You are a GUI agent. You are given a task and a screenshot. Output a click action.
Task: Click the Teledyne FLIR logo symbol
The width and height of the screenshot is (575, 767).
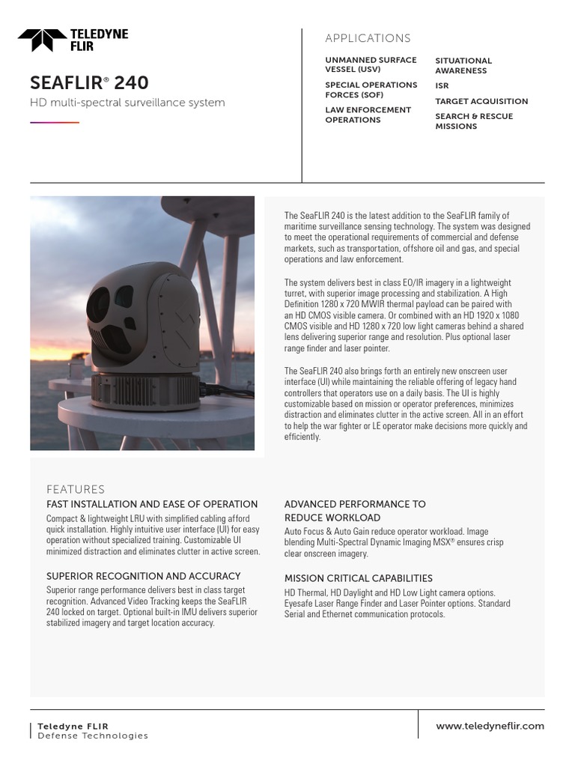(x=42, y=40)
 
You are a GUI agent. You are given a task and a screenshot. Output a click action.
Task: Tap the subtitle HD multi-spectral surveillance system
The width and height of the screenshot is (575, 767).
(x=127, y=103)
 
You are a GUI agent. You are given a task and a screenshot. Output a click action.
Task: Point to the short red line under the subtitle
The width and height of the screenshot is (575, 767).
(x=54, y=122)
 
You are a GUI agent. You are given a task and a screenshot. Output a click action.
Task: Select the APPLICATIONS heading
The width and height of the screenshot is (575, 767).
(x=368, y=38)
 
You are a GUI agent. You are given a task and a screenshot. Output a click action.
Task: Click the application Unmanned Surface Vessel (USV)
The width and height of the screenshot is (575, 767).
(x=371, y=64)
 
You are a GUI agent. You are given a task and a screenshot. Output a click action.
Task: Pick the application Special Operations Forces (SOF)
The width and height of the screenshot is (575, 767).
(x=371, y=90)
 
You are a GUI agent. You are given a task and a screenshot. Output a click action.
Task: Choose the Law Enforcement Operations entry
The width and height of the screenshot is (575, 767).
(x=368, y=115)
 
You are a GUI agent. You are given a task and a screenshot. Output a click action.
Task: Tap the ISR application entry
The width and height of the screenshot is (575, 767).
(x=442, y=86)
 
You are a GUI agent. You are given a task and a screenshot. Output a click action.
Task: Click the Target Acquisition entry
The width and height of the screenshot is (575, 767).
(x=481, y=101)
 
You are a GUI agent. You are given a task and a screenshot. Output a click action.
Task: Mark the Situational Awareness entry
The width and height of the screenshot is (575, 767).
(x=463, y=66)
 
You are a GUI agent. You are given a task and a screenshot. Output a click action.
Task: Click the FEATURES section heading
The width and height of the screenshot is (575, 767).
(x=76, y=489)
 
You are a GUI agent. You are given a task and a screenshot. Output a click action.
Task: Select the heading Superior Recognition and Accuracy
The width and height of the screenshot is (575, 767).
(x=144, y=576)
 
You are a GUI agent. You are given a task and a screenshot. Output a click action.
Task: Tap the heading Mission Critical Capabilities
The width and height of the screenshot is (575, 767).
(x=359, y=578)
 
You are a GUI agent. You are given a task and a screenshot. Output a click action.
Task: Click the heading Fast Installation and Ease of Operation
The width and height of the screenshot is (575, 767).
(x=152, y=504)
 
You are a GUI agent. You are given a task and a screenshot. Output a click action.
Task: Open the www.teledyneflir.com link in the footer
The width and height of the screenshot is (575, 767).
(x=490, y=726)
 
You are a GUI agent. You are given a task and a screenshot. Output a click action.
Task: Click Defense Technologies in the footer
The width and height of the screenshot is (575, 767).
(x=93, y=736)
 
